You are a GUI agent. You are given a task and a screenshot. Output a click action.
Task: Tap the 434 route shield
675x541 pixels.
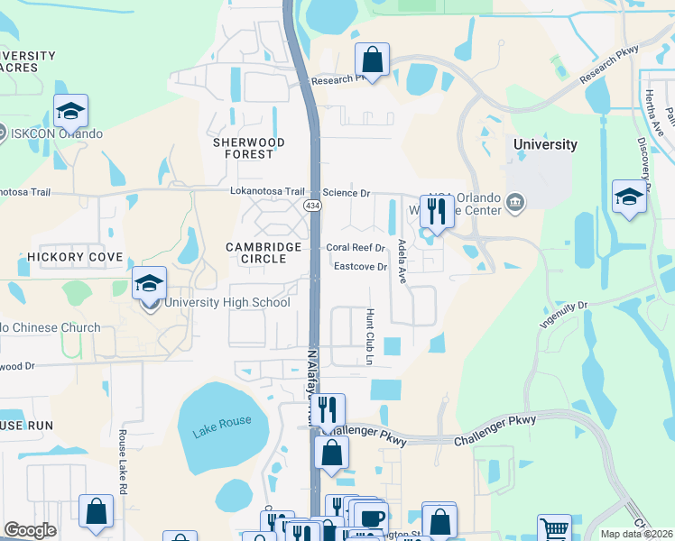[312, 206]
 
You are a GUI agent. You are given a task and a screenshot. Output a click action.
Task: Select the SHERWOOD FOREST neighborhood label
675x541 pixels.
[249, 149]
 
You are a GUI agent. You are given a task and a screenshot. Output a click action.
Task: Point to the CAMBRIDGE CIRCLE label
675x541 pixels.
[256, 252]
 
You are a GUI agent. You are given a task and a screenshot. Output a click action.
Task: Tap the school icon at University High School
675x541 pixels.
[150, 282]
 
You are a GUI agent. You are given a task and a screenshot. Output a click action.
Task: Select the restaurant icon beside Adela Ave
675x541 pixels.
[435, 212]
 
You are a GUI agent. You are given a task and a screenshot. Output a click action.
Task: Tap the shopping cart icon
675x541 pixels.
[554, 528]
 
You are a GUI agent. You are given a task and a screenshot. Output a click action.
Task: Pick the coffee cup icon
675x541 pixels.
[369, 517]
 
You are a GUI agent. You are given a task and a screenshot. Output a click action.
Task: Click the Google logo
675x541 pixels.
[30, 530]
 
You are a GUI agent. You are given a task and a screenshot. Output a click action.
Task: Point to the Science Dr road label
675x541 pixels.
[347, 193]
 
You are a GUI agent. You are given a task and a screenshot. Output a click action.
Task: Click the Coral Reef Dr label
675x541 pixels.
[356, 247]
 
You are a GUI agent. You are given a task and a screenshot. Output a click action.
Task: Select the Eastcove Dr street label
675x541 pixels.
[360, 267]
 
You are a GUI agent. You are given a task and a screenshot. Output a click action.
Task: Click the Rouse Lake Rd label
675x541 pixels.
[123, 454]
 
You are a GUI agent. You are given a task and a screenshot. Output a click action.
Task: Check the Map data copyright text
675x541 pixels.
[635, 534]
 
